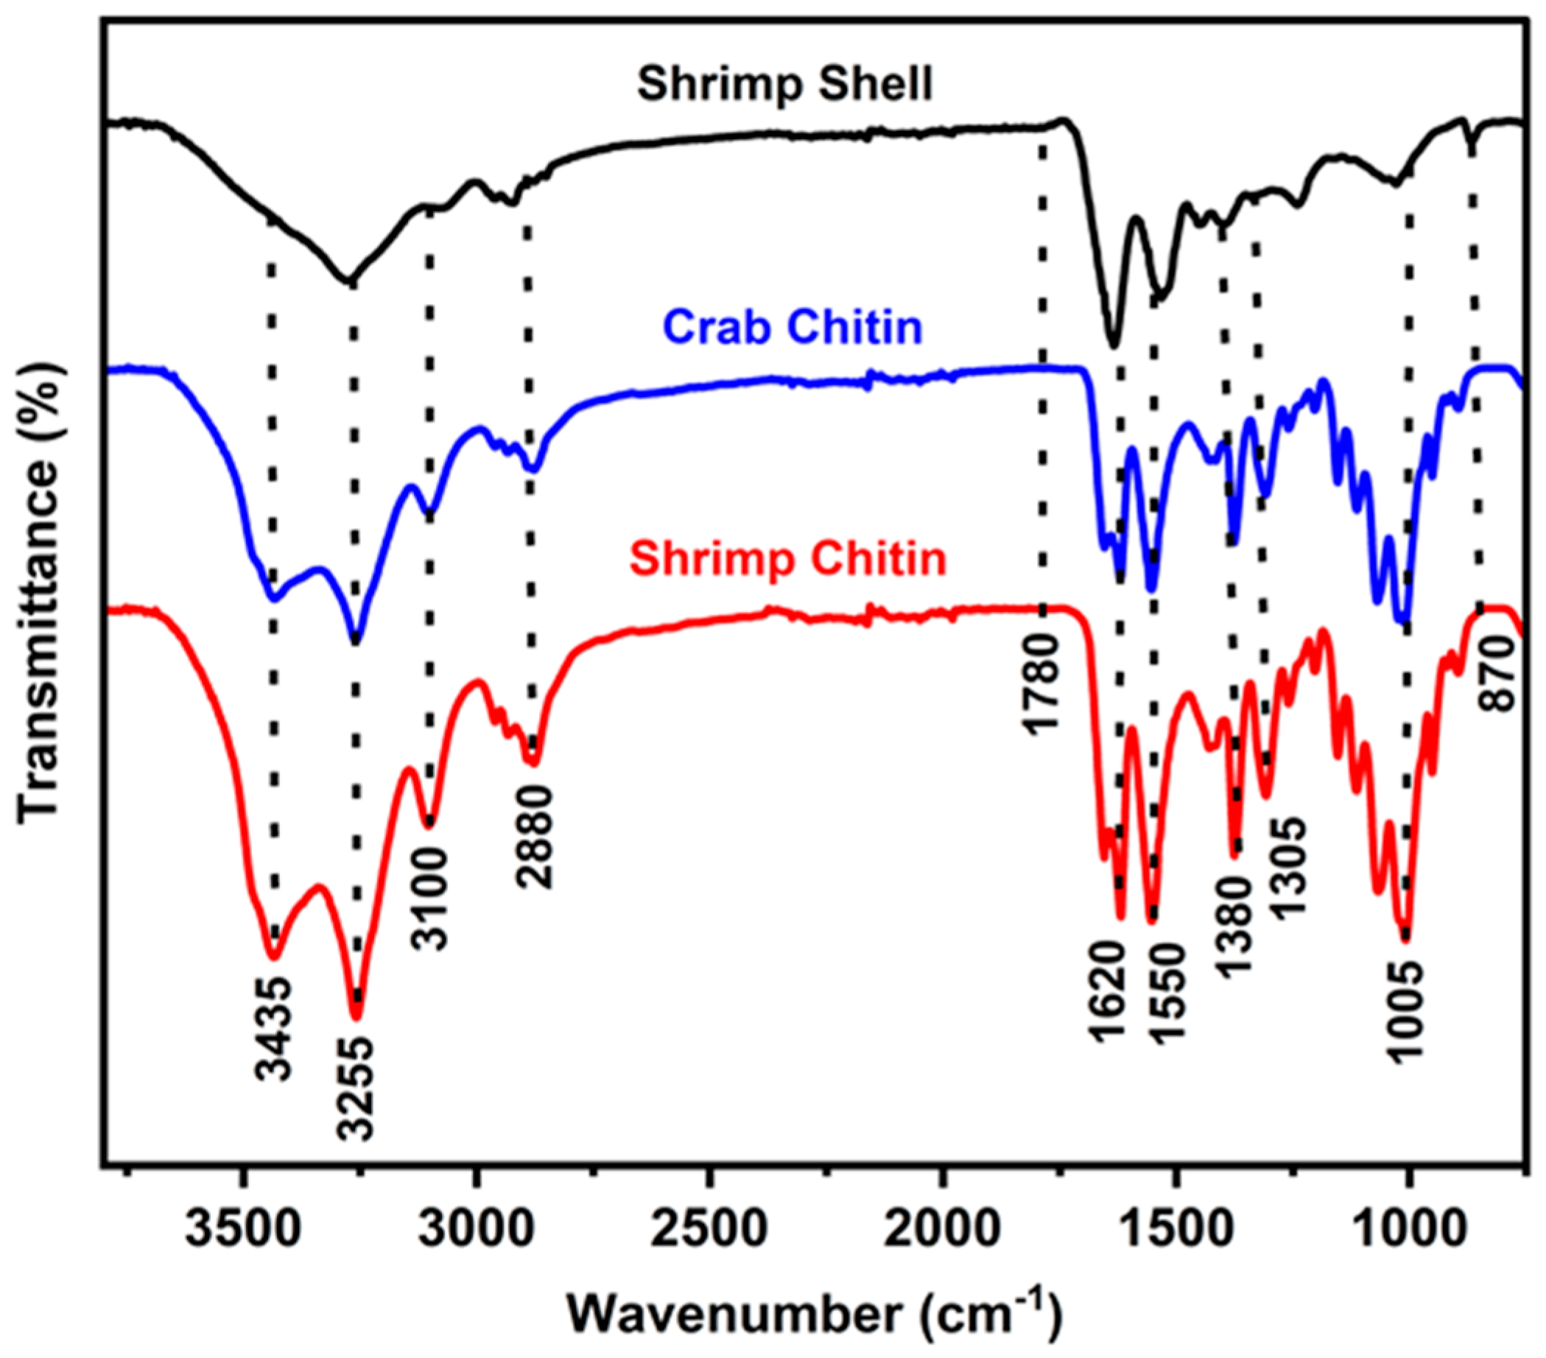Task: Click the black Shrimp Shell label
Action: pos(784,83)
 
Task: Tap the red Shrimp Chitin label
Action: pos(788,560)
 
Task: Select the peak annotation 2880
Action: pos(535,837)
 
